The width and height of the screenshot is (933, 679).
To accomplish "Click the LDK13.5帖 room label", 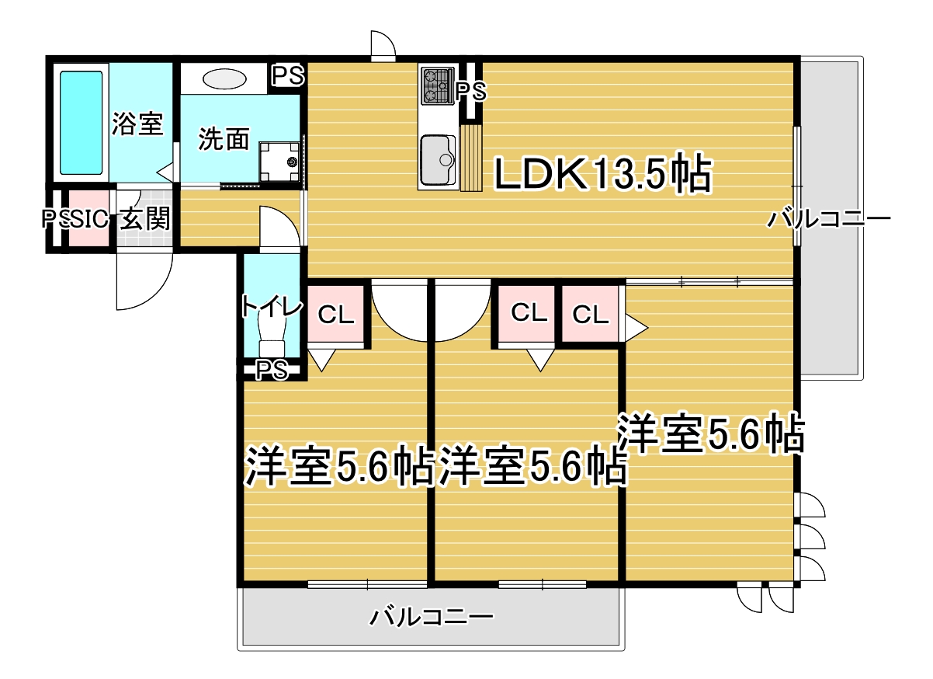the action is pyautogui.click(x=603, y=174).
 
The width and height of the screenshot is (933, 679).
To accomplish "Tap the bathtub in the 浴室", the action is pyautogui.click(x=82, y=123).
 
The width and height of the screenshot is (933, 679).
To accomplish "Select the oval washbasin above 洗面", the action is pyautogui.click(x=224, y=79).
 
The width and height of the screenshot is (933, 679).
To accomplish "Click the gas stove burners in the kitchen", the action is pyautogui.click(x=437, y=86).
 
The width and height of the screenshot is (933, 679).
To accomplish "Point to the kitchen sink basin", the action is pyautogui.click(x=437, y=161).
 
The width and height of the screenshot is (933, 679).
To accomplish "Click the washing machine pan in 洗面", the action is pyautogui.click(x=279, y=162).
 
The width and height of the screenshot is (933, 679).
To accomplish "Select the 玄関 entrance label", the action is pyautogui.click(x=145, y=218).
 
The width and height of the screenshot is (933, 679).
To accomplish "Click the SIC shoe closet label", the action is pyautogui.click(x=89, y=218).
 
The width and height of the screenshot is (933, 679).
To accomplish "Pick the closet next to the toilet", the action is pyautogui.click(x=336, y=314).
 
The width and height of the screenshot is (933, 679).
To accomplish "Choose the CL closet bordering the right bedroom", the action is pyautogui.click(x=590, y=314).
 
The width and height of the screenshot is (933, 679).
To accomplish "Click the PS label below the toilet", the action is pyautogui.click(x=272, y=369).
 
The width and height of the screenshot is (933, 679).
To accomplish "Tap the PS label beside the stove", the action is pyautogui.click(x=471, y=91).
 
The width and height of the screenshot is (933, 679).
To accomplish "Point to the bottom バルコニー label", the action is pyautogui.click(x=431, y=618).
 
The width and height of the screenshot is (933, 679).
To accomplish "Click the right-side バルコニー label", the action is pyautogui.click(x=829, y=219).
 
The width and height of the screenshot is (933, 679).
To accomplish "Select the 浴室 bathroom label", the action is pyautogui.click(x=137, y=124).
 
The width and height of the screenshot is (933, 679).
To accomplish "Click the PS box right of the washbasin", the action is pyautogui.click(x=288, y=76).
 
